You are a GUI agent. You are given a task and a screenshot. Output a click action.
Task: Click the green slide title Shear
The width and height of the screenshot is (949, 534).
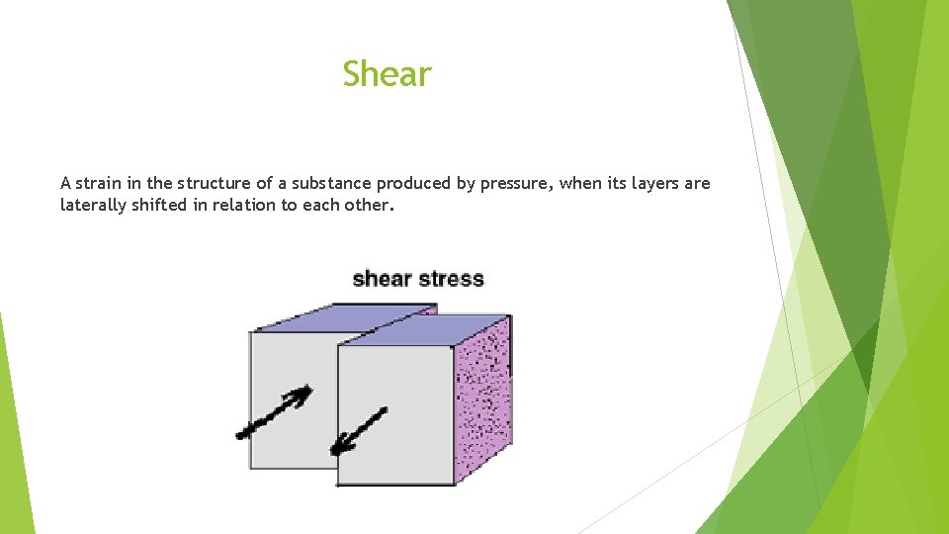[387, 74]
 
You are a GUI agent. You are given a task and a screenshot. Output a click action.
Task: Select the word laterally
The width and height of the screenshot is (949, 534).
[93, 207]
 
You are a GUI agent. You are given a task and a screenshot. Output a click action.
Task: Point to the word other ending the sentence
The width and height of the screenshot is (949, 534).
[368, 206]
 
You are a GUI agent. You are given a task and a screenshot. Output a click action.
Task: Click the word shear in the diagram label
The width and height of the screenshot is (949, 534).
[381, 278]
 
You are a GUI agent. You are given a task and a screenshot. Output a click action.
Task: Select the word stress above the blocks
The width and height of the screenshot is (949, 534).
[450, 278]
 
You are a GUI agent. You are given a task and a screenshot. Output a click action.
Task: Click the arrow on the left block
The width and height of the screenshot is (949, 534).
[274, 412]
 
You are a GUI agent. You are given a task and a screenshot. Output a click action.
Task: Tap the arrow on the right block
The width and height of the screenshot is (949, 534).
[358, 432]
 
